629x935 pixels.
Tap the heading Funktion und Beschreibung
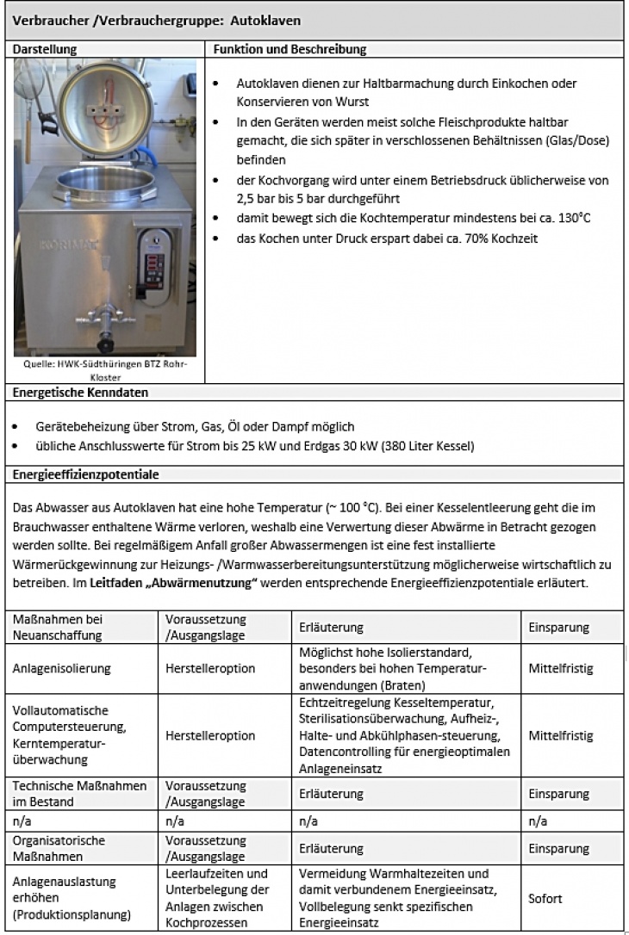pyautogui.click(x=290, y=50)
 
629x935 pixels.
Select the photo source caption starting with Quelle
pyautogui.click(x=106, y=369)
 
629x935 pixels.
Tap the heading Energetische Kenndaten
pyautogui.click(x=80, y=393)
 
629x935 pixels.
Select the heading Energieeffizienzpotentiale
pyautogui.click(x=86, y=474)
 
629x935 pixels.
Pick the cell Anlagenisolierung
pyautogui.click(x=62, y=668)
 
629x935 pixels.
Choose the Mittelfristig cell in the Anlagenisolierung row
pyautogui.click(x=561, y=668)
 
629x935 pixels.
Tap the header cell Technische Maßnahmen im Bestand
pyautogui.click(x=79, y=794)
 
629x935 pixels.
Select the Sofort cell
pyautogui.click(x=545, y=899)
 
